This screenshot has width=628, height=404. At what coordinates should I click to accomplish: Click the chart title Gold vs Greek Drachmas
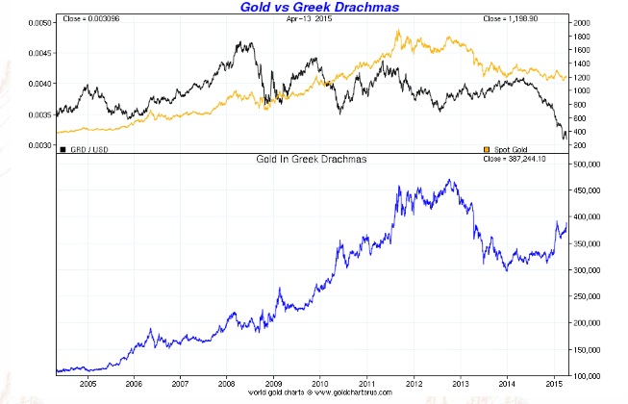(314, 8)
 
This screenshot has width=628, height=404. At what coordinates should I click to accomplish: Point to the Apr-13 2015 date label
(300, 19)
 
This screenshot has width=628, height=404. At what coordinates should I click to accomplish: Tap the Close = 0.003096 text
(93, 19)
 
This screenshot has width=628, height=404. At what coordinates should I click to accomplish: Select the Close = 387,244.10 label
(531, 158)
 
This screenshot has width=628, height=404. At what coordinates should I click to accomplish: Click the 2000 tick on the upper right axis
(583, 21)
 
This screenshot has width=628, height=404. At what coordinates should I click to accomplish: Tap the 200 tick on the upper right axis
(581, 145)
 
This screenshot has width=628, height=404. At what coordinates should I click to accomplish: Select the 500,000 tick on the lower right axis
(589, 164)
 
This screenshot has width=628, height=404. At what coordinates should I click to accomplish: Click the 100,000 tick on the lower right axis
(589, 374)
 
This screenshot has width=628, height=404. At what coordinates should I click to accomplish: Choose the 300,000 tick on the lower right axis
(589, 269)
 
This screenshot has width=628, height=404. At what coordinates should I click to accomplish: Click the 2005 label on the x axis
(88, 382)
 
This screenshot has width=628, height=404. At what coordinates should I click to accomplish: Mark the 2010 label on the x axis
(320, 382)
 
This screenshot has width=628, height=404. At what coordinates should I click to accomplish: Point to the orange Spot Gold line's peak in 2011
(398, 31)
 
